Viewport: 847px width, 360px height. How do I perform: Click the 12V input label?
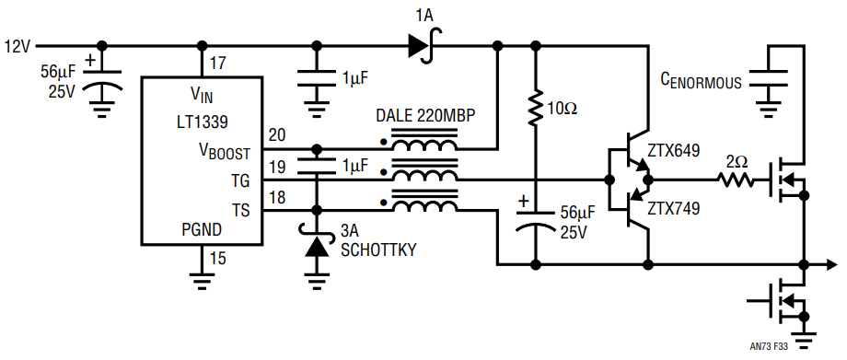click(x=17, y=46)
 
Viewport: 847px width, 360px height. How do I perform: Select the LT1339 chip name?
click(x=202, y=122)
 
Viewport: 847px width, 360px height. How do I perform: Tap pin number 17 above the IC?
click(x=219, y=64)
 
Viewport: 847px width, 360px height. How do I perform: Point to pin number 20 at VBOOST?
click(x=277, y=135)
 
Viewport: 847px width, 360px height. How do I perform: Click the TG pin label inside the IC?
click(x=241, y=181)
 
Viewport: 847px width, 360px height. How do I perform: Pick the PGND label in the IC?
click(x=202, y=230)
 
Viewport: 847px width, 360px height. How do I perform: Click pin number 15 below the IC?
click(x=217, y=259)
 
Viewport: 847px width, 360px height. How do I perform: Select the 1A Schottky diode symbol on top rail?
click(x=424, y=46)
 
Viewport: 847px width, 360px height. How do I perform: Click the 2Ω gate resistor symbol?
click(x=736, y=180)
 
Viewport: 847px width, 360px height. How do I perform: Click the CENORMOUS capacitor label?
click(x=702, y=82)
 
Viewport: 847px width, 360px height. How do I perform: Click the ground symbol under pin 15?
click(x=202, y=280)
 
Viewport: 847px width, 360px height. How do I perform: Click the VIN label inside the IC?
click(x=202, y=97)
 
